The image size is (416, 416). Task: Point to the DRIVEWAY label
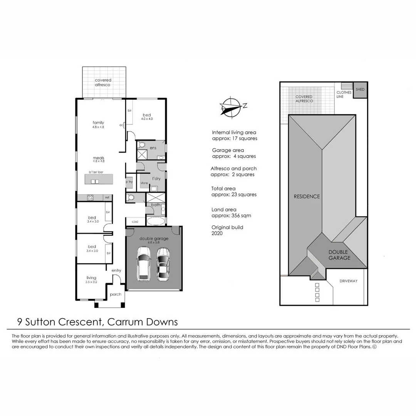348,281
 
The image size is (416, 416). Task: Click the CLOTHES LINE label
344,94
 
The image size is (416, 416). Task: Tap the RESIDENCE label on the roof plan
307,196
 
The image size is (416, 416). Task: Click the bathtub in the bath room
156,221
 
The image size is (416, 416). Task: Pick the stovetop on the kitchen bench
91,198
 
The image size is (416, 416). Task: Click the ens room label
153,148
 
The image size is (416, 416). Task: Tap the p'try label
129,182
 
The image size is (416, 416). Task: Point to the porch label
116,295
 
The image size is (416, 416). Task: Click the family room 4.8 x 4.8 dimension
98,127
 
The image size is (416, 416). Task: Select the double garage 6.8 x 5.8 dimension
154,243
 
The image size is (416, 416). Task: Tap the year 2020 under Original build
217,233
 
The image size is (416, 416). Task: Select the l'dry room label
156,178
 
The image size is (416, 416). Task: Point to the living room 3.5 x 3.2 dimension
91,282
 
